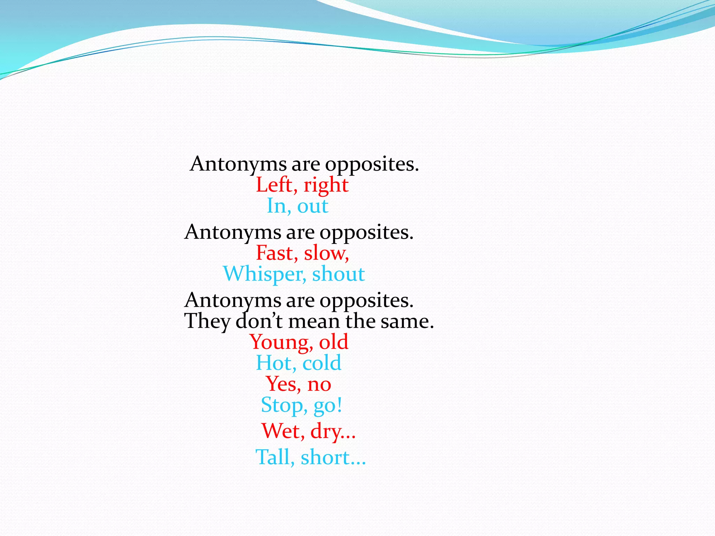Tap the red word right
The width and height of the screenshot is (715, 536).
coord(326,185)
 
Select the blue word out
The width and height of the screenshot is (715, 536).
coord(313,206)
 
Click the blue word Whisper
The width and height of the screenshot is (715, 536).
coord(264,274)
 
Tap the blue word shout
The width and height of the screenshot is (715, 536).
coord(338,274)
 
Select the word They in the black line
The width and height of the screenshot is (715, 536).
coord(207,321)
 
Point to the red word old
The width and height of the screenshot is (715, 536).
coord(334,342)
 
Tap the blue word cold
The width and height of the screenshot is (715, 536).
coord(322,363)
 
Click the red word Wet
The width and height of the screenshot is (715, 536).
coord(282,431)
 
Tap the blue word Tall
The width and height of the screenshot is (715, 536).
coord(275,457)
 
